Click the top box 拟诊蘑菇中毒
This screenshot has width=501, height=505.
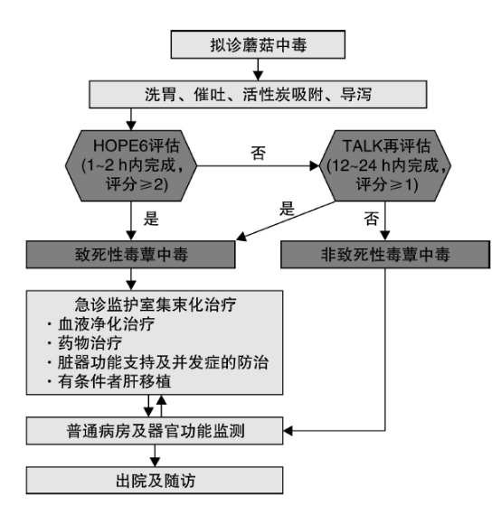point(258,44)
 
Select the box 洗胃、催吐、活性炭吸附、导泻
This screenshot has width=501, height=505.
point(258,94)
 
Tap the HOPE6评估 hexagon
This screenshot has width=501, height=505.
point(131,165)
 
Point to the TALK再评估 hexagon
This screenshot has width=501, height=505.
point(385,165)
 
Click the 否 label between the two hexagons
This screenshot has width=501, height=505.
point(259,153)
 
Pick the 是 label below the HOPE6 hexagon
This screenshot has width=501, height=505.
point(151,219)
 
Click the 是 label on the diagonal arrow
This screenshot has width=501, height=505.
point(287,209)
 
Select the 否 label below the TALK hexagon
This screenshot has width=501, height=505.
point(371,219)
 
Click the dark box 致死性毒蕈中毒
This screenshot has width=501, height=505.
point(130,255)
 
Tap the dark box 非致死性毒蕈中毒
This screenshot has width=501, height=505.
point(385,255)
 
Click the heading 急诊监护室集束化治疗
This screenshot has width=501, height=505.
point(156,304)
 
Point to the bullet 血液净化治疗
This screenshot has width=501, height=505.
point(100,323)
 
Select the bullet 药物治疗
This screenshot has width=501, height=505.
point(84,343)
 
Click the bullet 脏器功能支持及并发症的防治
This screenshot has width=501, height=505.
point(157,362)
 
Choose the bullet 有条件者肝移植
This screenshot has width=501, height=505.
point(109,381)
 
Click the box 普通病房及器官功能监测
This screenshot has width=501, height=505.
point(155,431)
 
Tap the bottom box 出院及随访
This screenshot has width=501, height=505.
point(155,481)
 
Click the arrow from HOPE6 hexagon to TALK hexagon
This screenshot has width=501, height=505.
point(258,166)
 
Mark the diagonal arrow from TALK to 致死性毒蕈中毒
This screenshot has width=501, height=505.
point(286,221)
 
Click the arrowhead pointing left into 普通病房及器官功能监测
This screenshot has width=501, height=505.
point(288,431)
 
